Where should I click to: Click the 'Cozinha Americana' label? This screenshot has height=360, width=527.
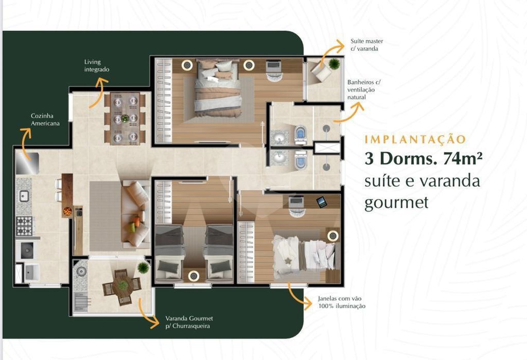pos(45,120)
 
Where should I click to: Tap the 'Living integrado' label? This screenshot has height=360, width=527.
pos(97,66)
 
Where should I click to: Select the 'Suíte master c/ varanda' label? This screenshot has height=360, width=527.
pos(367,45)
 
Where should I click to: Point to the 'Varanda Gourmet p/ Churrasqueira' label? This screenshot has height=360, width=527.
pos(189,322)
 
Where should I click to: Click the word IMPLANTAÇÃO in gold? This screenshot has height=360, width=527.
pos(415,140)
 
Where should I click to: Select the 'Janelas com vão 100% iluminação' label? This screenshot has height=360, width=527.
pos(342,302)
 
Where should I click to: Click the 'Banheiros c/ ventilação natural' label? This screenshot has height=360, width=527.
pos(364,90)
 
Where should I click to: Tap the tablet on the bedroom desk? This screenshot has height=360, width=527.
pos(321,202)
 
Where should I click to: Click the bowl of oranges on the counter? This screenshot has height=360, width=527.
pos(68,211)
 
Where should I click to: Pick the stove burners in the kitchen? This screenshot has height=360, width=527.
pos(24,226)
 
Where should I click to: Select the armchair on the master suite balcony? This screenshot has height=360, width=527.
pos(321,70)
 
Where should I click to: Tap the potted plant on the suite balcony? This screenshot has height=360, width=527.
pos(334,64)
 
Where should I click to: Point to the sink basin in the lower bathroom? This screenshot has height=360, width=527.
pos(280,159)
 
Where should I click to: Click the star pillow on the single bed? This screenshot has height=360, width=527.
pos(287,261)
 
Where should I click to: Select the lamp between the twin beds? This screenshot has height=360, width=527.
pos(194,276)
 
